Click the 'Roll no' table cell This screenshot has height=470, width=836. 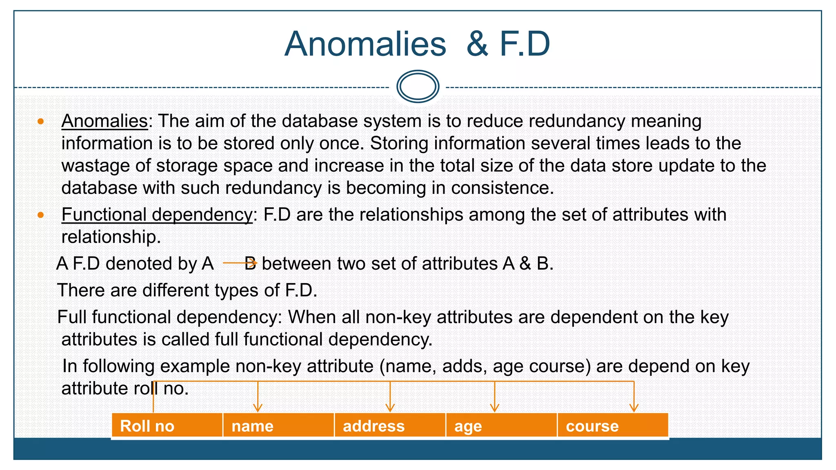click(167, 426)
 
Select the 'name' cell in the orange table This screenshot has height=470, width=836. click(278, 426)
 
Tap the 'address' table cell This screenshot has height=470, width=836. click(390, 426)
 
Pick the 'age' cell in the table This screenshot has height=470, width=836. click(501, 426)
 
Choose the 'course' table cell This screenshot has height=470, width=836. click(612, 426)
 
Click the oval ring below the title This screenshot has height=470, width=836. click(418, 86)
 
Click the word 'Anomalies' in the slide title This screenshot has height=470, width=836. click(365, 44)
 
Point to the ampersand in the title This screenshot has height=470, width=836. click(477, 44)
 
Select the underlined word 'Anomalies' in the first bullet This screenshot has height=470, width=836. click(104, 121)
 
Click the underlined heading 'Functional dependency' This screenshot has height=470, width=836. click(157, 215)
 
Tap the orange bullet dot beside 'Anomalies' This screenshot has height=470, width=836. click(40, 121)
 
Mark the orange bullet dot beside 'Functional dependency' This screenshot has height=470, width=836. click(40, 215)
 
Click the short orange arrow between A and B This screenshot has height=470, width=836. click(240, 263)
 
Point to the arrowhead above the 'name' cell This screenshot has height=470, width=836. click(258, 408)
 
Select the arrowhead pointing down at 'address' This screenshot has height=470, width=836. click(390, 408)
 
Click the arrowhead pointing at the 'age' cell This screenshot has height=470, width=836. click(495, 408)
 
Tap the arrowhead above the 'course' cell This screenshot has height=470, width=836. click(634, 408)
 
